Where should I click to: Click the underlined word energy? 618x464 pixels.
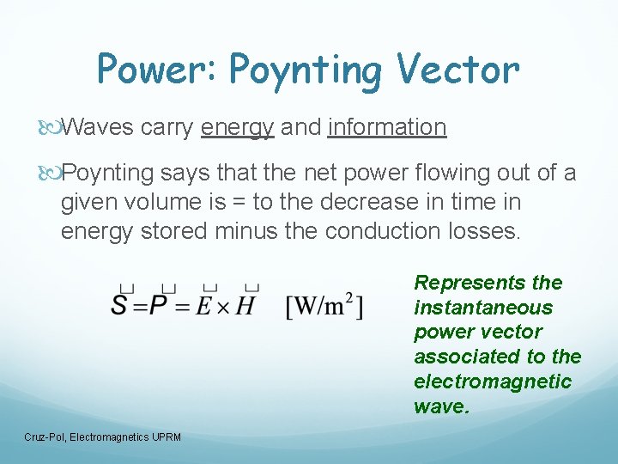point(238,127)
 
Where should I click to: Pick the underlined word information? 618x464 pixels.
point(387,127)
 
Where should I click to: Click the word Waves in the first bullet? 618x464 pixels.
point(98,127)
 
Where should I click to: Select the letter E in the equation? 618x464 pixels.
point(207,305)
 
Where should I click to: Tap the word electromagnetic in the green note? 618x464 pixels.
point(493,382)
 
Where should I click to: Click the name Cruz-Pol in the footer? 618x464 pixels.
point(45,437)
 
